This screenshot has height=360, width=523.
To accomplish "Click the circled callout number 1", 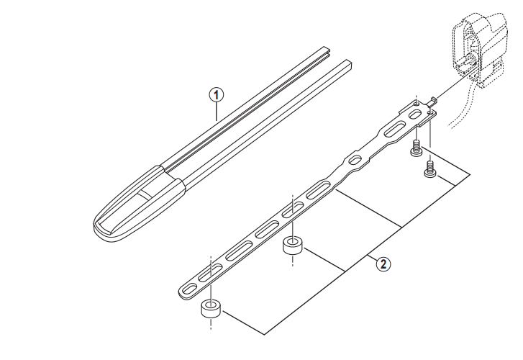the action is pos(217,95).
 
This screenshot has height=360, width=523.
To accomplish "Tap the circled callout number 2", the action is pos(383,264).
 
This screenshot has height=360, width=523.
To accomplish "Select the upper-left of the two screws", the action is pos(416,148).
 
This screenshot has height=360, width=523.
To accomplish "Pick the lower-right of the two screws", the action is pos(430,169).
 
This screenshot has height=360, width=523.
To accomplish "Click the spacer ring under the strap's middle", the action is pos(293,246).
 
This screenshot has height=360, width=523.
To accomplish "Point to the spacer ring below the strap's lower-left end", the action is pos(211,309).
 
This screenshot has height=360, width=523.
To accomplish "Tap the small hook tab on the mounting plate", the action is pos(432,102).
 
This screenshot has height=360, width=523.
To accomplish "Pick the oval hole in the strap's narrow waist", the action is pos(355,161).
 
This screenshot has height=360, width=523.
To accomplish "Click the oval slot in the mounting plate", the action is pos(415,115).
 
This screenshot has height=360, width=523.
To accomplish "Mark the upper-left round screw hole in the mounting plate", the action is pos(417,104).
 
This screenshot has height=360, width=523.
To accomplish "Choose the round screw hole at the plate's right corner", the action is pos(431,113).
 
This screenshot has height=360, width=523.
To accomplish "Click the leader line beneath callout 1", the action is pos(217,112).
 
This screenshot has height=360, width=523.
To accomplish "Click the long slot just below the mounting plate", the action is pos(395,129).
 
